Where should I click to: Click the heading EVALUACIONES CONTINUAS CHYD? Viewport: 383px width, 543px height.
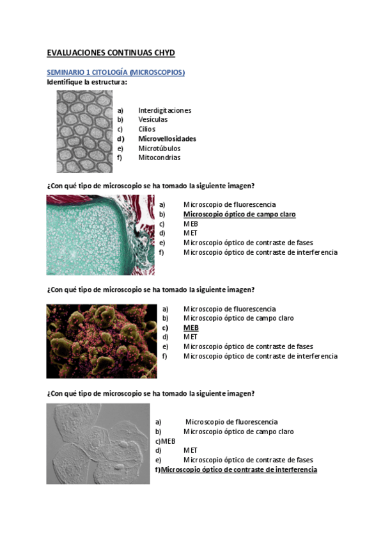point(111,53)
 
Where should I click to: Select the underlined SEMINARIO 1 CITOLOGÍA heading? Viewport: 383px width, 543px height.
point(116,72)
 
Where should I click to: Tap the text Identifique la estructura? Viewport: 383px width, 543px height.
point(87,82)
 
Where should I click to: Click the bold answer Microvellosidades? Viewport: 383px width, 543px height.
point(167,139)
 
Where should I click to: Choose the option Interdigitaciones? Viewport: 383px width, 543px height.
point(164,110)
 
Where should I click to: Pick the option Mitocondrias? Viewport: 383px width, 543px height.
point(159,158)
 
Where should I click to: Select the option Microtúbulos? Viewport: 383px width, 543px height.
point(159,149)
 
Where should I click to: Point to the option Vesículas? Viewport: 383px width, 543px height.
point(153,120)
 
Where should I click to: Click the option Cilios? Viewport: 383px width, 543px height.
point(146,129)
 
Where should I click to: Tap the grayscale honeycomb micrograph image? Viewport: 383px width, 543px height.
point(84,131)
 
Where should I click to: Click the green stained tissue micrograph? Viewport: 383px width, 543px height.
point(100,235)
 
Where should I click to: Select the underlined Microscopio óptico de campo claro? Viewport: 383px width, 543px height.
point(239,215)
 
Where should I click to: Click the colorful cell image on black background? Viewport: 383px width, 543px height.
point(101,341)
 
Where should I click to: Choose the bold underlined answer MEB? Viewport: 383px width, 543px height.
point(191,328)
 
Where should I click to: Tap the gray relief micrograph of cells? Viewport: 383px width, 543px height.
point(98,443)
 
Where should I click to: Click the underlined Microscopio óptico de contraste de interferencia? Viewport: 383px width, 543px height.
point(238,470)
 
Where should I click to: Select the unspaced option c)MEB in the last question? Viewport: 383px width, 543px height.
point(165,441)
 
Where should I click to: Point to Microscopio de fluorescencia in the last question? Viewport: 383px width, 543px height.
point(231,422)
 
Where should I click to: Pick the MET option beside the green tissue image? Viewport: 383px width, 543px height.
point(190,234)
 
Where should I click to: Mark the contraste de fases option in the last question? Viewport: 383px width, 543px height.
point(248,460)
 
